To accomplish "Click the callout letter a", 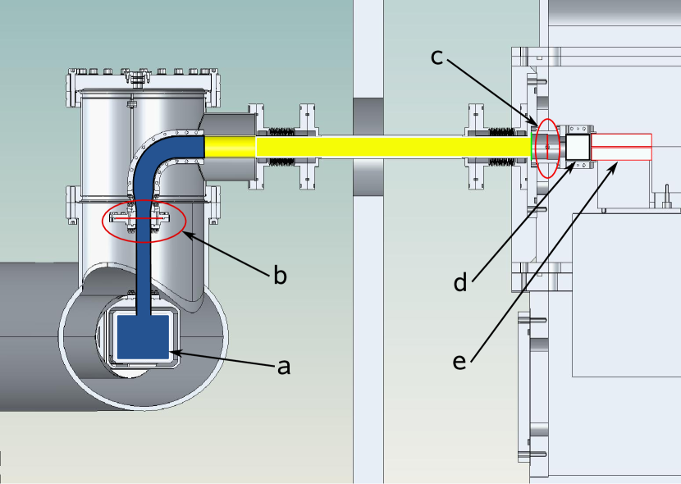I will click(284, 368).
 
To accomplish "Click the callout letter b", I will click(280, 276).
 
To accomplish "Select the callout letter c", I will click(437, 57).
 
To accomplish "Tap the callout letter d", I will click(460, 283).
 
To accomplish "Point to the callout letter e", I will click(459, 361).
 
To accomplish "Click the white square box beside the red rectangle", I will click(578, 148).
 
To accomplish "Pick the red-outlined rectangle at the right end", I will click(621, 147).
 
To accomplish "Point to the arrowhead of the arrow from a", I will click(175, 354).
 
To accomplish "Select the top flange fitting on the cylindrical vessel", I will click(137, 79).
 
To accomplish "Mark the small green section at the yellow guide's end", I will click(534, 147).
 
